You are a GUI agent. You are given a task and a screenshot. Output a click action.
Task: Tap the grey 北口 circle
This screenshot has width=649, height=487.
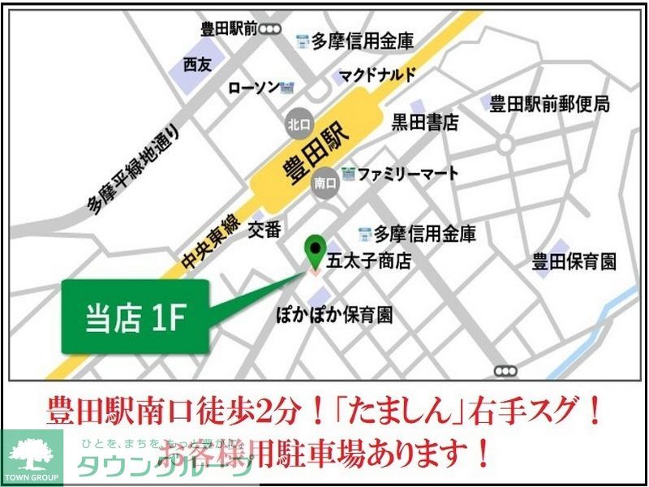296,126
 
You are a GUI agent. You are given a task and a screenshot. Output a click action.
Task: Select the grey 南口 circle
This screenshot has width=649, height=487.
324,184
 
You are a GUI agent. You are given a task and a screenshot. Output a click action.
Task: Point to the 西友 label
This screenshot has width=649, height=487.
196,64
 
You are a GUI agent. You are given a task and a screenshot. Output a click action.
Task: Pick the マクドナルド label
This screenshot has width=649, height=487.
377,75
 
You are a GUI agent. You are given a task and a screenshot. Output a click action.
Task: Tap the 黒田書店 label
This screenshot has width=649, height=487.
425,123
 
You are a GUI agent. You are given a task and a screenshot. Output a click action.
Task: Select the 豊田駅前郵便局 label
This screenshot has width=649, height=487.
549,103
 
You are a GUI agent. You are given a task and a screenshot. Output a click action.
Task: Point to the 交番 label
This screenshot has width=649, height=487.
264,230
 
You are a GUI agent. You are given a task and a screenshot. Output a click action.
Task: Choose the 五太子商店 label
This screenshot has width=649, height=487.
367,261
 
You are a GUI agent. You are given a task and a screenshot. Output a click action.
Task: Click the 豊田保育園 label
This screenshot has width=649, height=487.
574,261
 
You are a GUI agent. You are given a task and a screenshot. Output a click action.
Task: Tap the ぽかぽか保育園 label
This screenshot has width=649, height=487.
334,315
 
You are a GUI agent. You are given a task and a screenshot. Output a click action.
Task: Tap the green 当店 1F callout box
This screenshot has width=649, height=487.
136,317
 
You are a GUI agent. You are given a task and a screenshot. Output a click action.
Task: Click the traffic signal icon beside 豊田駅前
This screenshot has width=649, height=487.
270,29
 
